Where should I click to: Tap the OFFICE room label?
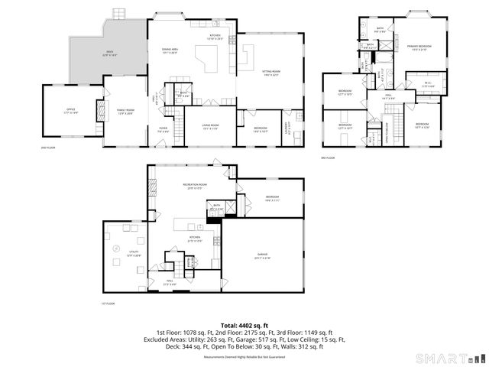tap(70, 112)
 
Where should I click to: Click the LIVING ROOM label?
tap(210, 126)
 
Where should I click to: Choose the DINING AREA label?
tap(170, 51)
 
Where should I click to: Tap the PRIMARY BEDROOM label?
tap(419, 47)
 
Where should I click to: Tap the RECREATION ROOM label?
tap(192, 187)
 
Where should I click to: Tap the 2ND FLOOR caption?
tap(47, 148)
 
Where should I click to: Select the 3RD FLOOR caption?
tap(329, 157)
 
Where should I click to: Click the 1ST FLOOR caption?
tap(108, 304)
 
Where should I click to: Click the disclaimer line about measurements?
tap(244, 357)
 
